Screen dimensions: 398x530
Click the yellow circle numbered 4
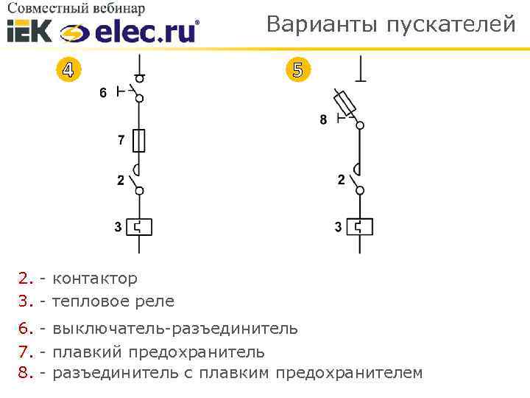point(68,70)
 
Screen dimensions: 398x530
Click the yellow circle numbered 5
point(297,70)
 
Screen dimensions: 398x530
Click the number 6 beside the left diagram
point(103,93)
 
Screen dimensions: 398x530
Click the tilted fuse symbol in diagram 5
point(345,101)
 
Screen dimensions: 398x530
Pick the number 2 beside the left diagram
point(121,181)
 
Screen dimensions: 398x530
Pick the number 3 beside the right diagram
point(338,228)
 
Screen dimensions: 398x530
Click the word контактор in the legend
point(95,279)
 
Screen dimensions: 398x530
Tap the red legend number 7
point(25,352)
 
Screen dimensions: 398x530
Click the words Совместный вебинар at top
point(77,8)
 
